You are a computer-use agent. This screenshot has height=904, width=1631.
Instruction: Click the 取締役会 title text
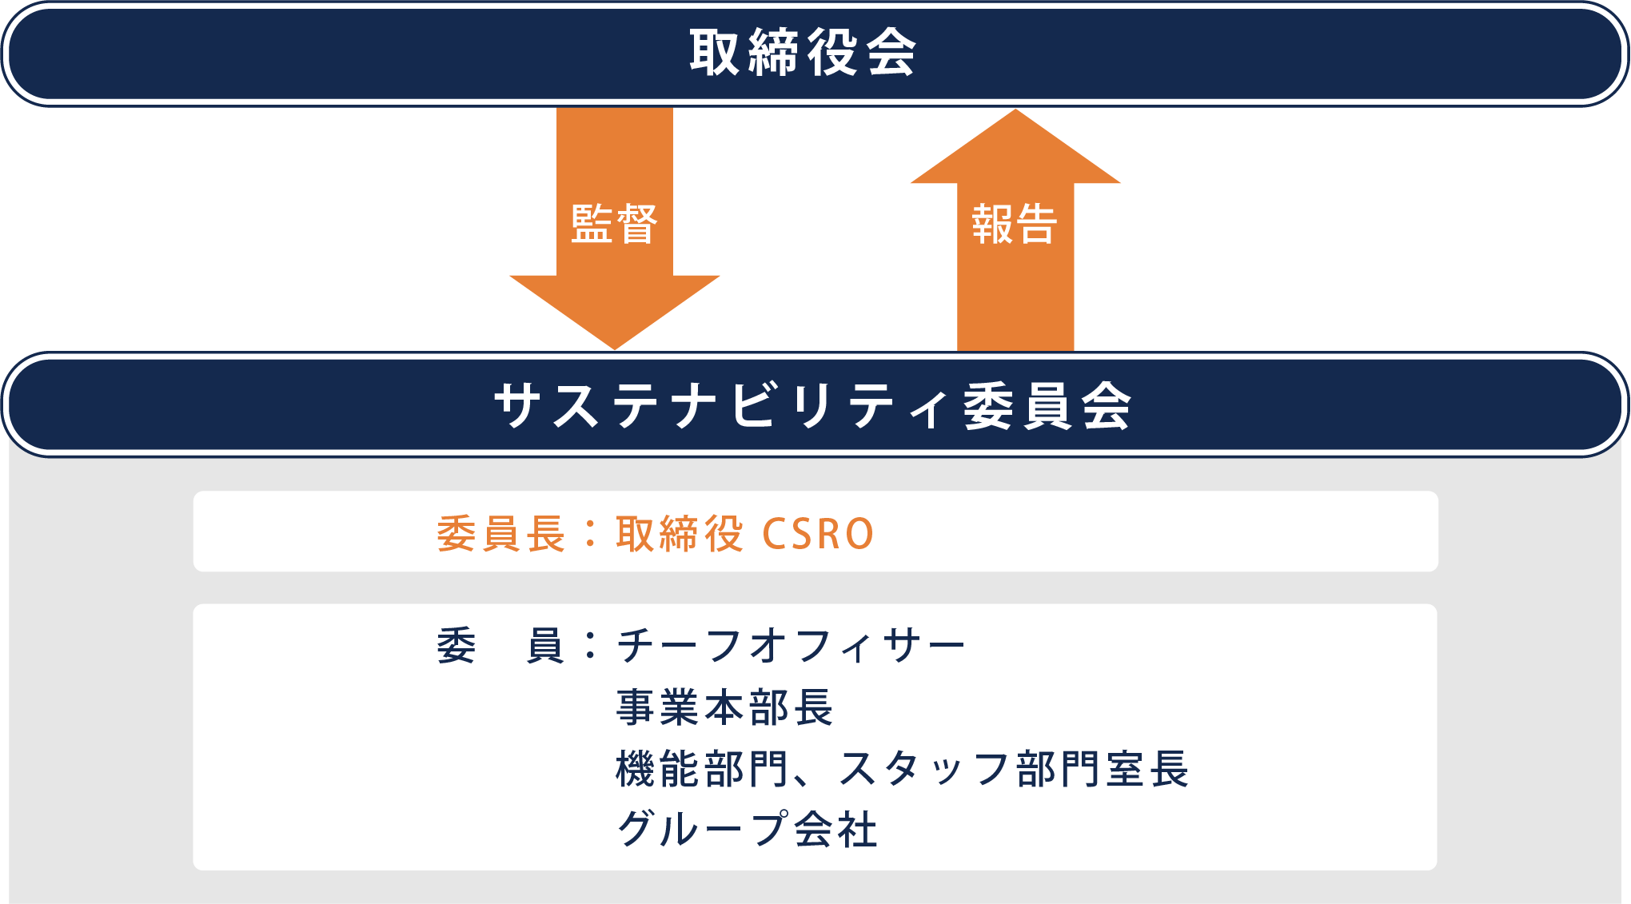click(803, 53)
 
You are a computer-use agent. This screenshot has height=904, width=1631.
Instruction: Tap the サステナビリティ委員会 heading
click(812, 405)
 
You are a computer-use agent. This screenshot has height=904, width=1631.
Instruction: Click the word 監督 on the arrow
click(614, 224)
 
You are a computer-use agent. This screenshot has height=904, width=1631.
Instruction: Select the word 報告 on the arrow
click(1015, 224)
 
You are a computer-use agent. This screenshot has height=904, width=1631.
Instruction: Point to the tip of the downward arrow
click(615, 349)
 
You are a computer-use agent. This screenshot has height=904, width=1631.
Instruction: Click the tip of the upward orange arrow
click(1015, 110)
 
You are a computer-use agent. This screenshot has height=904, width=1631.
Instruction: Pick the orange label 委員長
click(501, 533)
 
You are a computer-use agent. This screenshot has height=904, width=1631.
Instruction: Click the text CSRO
click(818, 534)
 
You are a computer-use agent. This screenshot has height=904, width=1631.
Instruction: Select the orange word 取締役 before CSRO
click(680, 533)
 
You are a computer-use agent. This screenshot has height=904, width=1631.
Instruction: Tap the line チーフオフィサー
click(791, 645)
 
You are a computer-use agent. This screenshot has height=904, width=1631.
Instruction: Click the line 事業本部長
click(724, 707)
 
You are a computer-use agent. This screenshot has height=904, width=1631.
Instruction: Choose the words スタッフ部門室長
click(1013, 769)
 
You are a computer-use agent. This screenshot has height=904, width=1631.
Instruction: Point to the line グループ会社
click(747, 828)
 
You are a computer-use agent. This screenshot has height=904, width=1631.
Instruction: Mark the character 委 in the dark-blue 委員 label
click(457, 645)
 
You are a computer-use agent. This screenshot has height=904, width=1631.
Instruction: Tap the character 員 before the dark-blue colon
click(545, 645)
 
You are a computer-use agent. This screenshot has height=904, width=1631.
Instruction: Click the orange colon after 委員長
click(591, 534)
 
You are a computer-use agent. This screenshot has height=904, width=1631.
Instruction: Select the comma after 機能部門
click(804, 779)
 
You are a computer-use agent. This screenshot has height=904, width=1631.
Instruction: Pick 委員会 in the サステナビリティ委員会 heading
click(1047, 405)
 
